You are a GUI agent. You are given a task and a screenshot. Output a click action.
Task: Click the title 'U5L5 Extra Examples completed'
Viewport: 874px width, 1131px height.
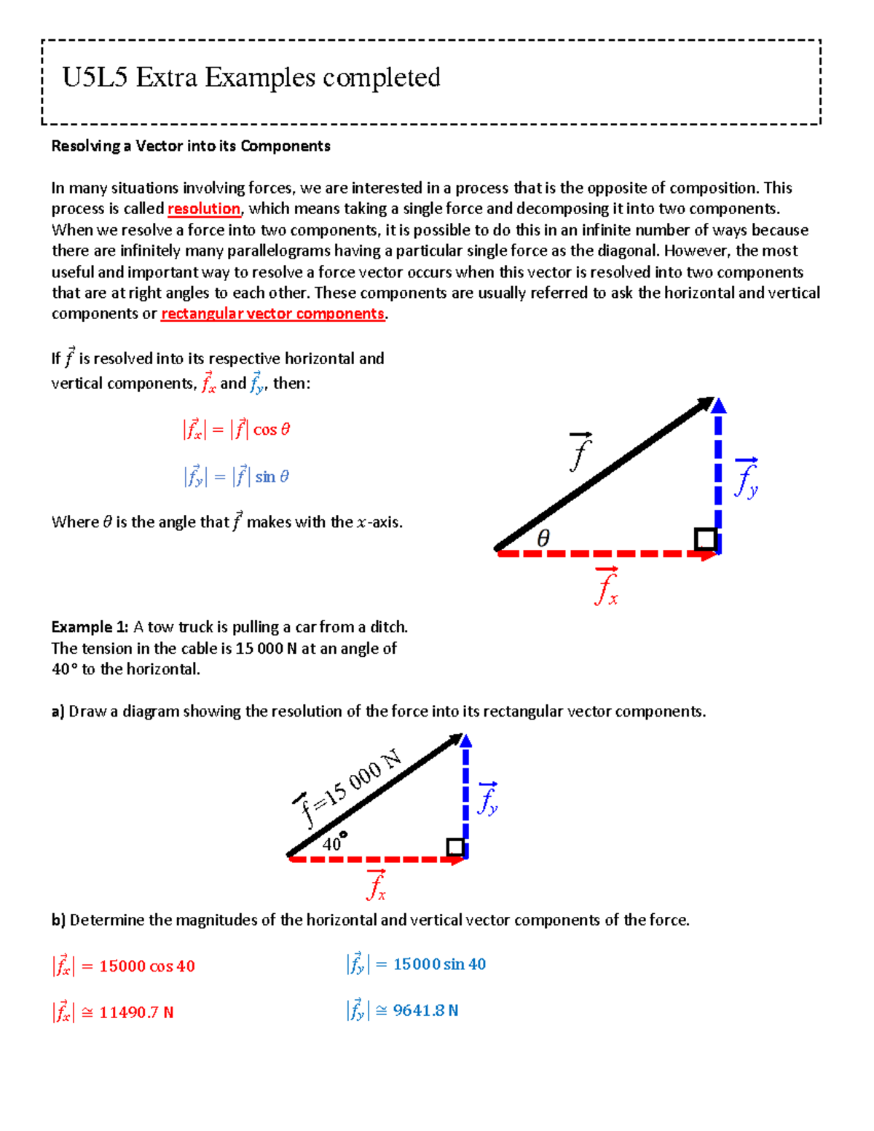(251, 77)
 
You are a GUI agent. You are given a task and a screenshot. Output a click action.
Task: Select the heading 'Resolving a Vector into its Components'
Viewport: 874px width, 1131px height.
(191, 146)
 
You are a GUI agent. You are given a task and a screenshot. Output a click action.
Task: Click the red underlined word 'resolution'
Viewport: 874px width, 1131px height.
(204, 209)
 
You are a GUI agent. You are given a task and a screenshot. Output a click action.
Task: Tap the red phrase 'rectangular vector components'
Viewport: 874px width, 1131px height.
(272, 314)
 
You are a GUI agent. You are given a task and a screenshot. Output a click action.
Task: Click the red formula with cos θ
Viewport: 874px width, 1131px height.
(237, 429)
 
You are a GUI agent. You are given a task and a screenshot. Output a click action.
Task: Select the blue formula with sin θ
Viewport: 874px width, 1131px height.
(237, 476)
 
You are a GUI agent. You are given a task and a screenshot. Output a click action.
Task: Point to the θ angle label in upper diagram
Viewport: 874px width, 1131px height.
(543, 538)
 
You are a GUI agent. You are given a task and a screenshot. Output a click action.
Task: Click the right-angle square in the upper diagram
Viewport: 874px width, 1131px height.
(705, 539)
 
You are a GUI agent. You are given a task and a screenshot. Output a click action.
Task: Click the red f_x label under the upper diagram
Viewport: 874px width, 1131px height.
(606, 587)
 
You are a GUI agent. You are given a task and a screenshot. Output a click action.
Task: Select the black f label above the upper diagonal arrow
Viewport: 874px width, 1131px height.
(580, 452)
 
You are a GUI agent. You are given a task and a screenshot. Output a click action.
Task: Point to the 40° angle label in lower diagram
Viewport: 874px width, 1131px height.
(334, 843)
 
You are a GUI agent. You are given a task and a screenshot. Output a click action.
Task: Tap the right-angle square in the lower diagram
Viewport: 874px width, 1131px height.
(455, 847)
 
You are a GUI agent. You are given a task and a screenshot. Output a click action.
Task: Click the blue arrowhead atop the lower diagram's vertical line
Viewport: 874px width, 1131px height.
(466, 741)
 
